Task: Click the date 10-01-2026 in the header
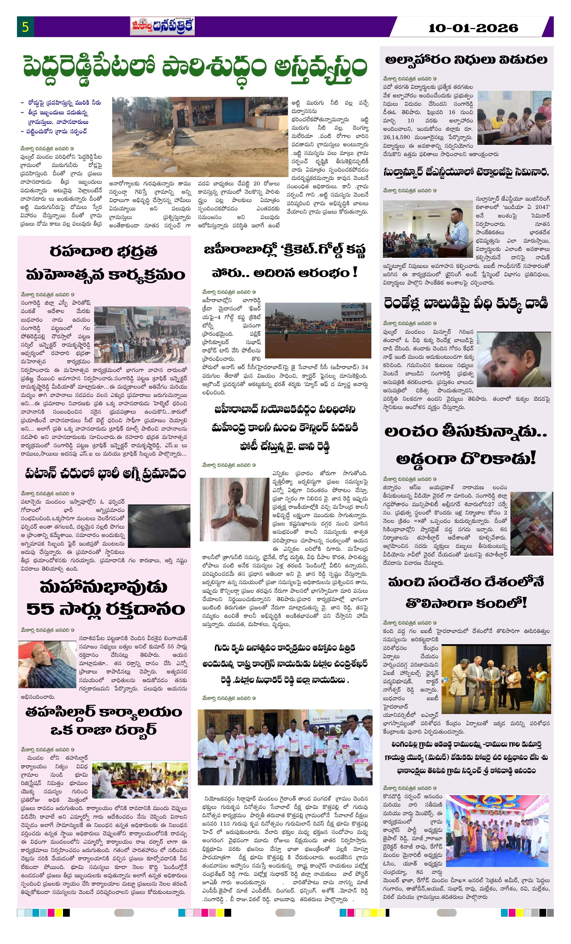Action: pyautogui.click(x=473, y=28)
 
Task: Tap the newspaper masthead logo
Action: pyautogui.click(x=162, y=26)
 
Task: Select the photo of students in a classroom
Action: pyautogui.click(x=514, y=118)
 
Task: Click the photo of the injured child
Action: pyautogui.click(x=513, y=360)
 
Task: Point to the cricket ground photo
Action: pyautogui.click(x=318, y=330)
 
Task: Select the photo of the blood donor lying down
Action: pyautogui.click(x=47, y=664)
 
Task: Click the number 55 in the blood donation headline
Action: pyautogui.click(x=40, y=609)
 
